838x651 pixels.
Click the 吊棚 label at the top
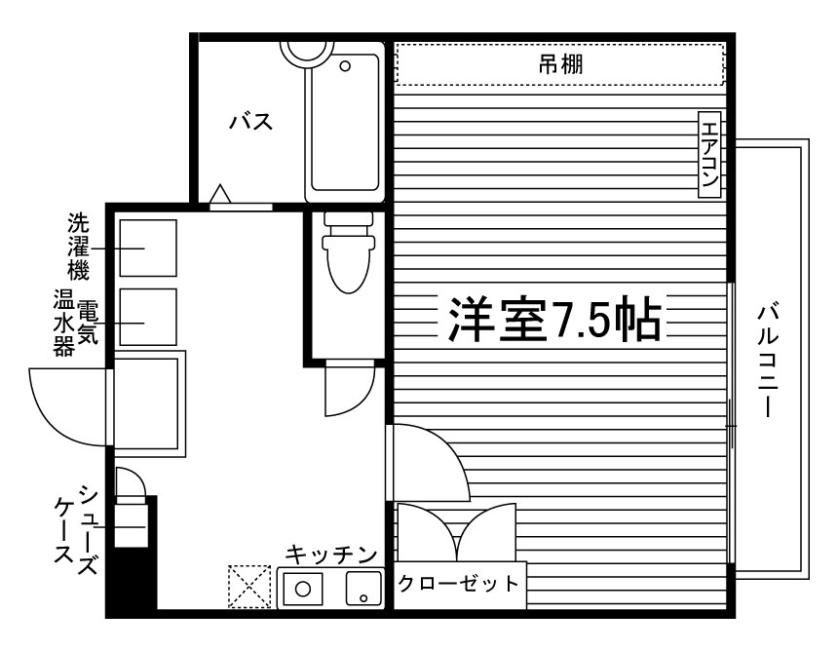click(560, 65)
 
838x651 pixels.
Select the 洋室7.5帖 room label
click(554, 318)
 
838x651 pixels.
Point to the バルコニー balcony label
click(771, 362)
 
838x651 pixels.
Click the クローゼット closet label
click(459, 585)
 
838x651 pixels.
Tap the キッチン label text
click(331, 555)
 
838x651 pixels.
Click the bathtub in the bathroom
click(345, 122)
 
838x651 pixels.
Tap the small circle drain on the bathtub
click(345, 67)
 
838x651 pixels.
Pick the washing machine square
click(147, 249)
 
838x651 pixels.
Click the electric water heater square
click(147, 316)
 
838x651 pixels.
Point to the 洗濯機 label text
click(78, 245)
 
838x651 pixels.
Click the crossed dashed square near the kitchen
click(248, 587)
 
